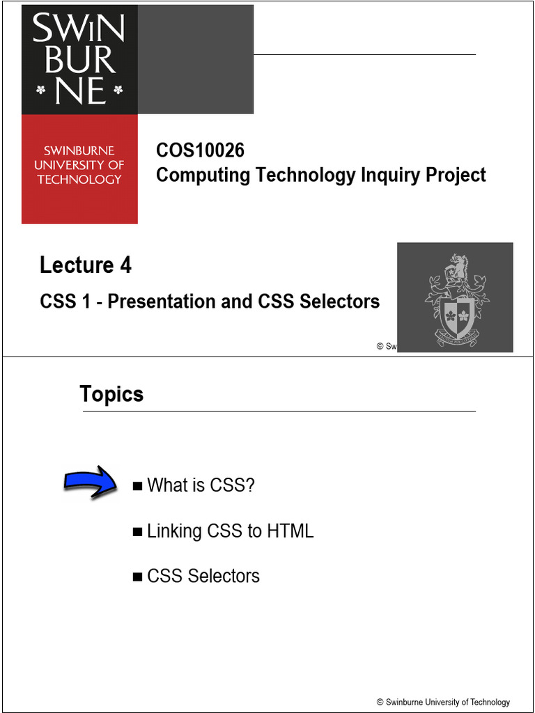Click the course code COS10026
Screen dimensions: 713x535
click(200, 150)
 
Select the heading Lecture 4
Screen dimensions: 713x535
click(86, 265)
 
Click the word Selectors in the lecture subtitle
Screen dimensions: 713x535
click(339, 301)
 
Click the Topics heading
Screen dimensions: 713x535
click(111, 394)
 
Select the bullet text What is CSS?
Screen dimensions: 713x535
click(201, 485)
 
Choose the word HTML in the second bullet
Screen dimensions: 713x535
click(290, 531)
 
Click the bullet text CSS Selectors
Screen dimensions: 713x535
click(203, 577)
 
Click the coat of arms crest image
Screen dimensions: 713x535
click(456, 298)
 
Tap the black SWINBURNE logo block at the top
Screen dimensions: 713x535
click(79, 60)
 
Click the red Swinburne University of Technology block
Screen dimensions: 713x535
click(79, 169)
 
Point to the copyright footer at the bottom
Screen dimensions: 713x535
click(443, 702)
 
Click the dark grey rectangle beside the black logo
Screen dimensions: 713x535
click(196, 60)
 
